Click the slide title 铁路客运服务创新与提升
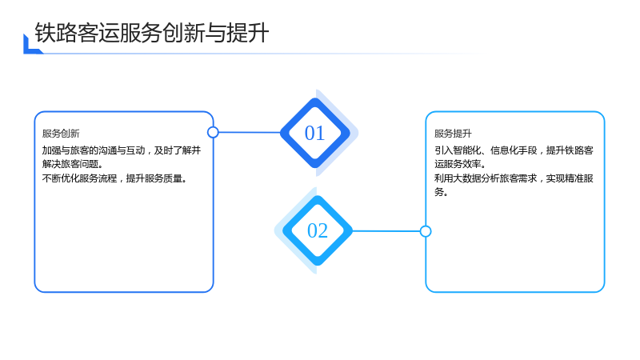point(152,33)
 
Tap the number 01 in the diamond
point(314,133)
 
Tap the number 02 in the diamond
point(318,230)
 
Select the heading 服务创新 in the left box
point(61,134)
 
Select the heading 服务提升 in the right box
point(453,134)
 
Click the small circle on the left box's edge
point(213,132)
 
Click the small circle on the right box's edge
point(426,231)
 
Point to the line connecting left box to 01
point(250,132)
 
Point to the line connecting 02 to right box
point(386,231)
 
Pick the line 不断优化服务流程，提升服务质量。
point(114,178)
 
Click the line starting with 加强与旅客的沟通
point(122,150)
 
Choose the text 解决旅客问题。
point(73,164)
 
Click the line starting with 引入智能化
point(514,150)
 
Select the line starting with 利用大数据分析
point(514,178)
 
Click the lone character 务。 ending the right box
point(442,192)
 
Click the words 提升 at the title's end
point(248,33)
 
